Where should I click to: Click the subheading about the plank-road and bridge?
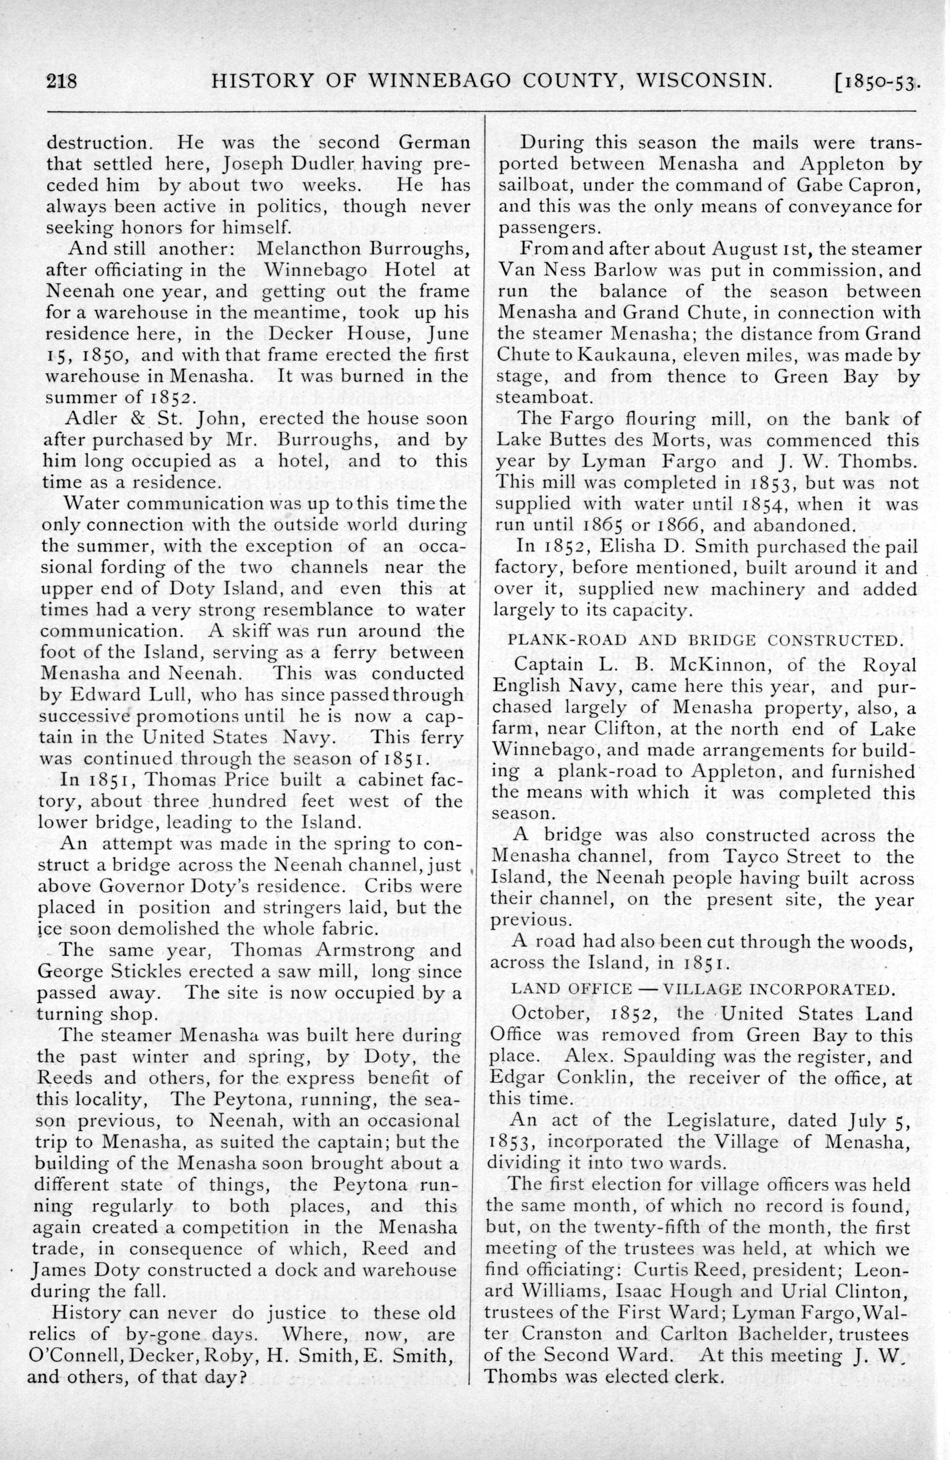[x=706, y=641]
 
